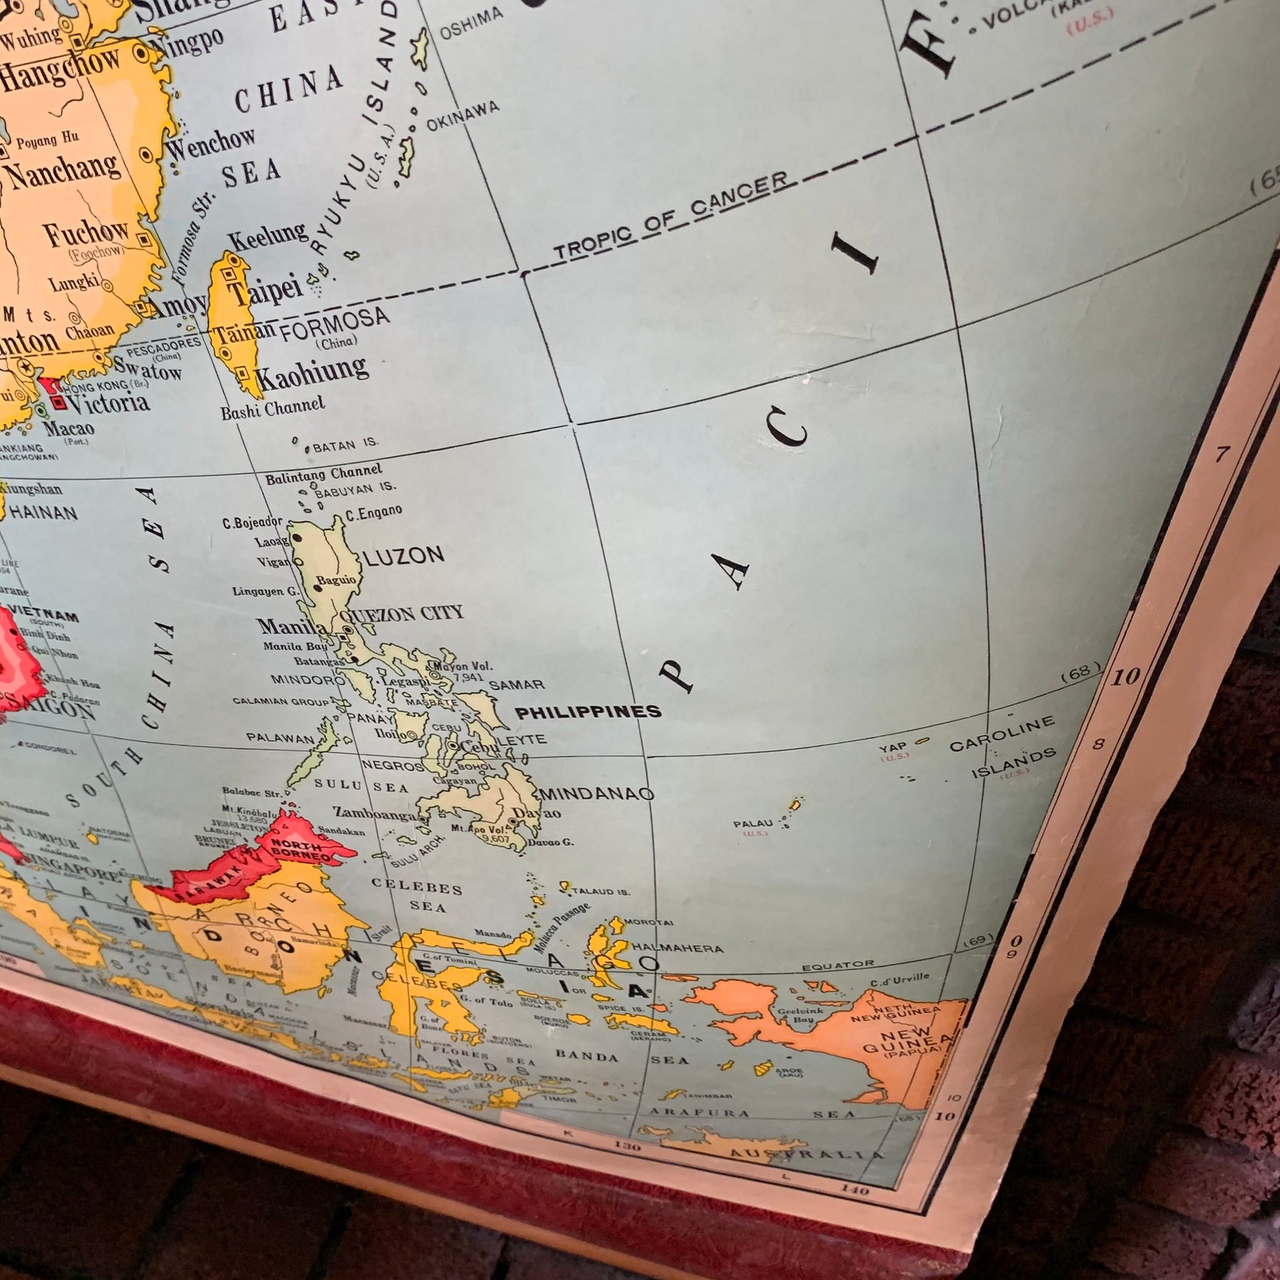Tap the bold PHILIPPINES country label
[x=588, y=712]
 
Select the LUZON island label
[x=404, y=555]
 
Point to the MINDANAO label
[x=596, y=794]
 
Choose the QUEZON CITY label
[x=416, y=613]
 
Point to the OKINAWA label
[x=463, y=116]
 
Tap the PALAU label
[x=753, y=824]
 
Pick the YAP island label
[x=893, y=747]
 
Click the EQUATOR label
[x=837, y=965]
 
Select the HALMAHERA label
[x=677, y=948]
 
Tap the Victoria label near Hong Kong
[x=109, y=401]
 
